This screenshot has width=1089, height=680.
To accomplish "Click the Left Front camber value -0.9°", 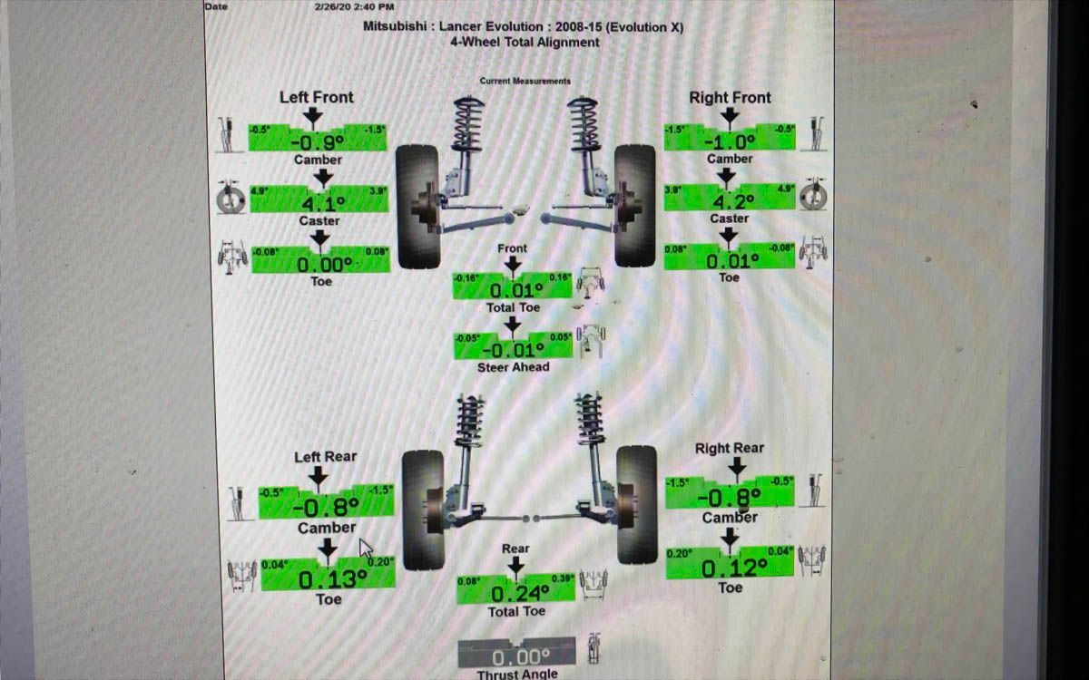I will (318, 141).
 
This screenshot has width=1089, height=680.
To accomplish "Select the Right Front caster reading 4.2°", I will (731, 201).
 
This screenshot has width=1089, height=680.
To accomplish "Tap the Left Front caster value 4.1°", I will (319, 203).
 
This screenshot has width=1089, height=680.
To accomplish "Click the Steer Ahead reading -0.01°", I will (514, 349).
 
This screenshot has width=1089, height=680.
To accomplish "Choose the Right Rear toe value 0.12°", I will (733, 567).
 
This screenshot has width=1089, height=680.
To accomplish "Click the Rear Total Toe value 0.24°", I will (519, 593).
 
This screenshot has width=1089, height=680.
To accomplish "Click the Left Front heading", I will (317, 97).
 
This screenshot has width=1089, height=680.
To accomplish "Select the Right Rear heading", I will (730, 448).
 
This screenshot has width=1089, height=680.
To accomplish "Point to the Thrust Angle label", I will (517, 675).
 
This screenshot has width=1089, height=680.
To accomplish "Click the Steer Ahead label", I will (514, 367).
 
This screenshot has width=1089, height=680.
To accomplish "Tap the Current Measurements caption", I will (525, 81).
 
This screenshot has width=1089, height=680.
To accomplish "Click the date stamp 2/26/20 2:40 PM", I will (354, 6).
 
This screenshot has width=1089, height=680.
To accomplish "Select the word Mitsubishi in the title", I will (394, 26).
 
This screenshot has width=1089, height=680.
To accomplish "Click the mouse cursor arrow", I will (366, 549).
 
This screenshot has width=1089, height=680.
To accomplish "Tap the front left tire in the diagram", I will (418, 207).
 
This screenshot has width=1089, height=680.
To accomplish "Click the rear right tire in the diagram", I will (636, 504).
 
